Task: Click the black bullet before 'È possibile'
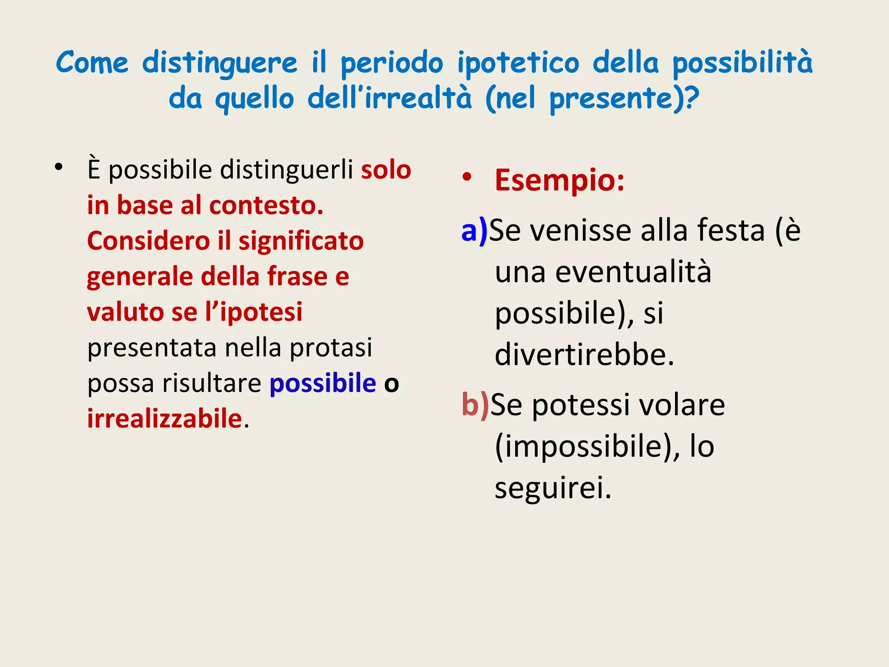(x=59, y=167)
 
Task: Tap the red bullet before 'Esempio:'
(x=467, y=177)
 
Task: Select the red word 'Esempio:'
(x=560, y=180)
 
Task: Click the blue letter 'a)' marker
(x=474, y=230)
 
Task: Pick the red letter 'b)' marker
(x=475, y=404)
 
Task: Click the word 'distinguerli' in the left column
(x=286, y=170)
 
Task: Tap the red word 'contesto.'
(x=266, y=205)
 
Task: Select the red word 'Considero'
(x=148, y=241)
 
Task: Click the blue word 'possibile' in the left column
(x=323, y=383)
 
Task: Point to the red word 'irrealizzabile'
(x=165, y=419)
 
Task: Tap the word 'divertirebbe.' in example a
(x=584, y=355)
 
